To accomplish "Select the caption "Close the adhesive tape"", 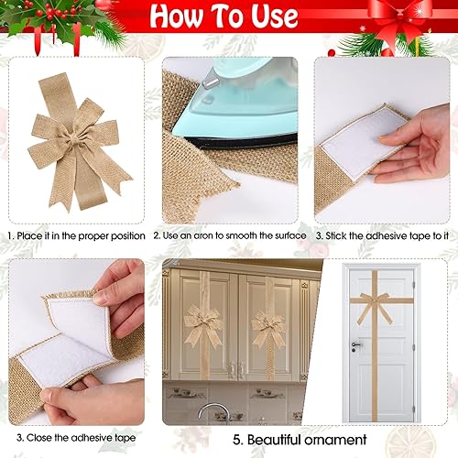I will coord(78,439).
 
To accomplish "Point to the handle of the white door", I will coord(355,344).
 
